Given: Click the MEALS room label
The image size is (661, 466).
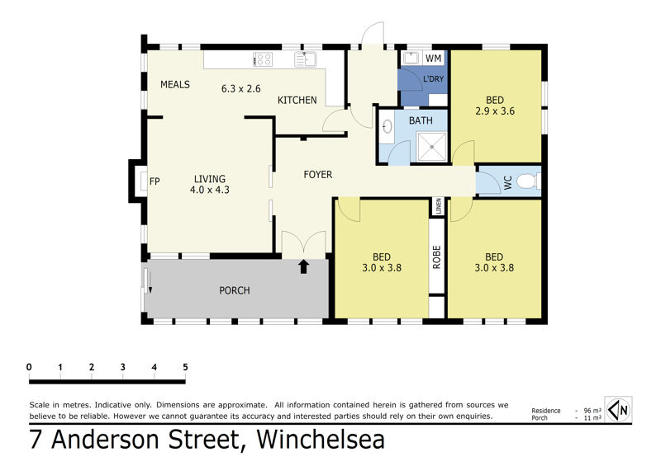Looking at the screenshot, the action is (x=175, y=85).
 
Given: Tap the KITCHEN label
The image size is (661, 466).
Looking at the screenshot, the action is (x=297, y=100).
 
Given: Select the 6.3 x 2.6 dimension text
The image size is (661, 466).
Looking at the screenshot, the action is (x=241, y=89).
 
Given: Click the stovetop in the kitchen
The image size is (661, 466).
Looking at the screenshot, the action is (x=263, y=59).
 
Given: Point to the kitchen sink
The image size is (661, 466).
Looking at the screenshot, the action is (x=306, y=59).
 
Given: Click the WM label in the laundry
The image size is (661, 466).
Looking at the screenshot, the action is (x=433, y=58).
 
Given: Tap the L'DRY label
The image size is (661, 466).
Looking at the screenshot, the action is (x=433, y=78).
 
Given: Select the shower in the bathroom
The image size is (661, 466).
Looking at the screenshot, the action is (x=431, y=147).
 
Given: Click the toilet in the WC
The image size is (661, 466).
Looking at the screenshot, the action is (x=527, y=181).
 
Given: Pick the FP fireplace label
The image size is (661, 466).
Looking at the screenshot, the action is (x=155, y=181).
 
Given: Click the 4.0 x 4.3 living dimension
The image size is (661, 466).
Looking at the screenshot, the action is (x=210, y=190).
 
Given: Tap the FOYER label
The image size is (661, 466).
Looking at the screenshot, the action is (x=318, y=174).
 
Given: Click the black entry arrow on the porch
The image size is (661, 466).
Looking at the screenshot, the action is (x=304, y=267).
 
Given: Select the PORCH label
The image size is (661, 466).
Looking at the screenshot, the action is (x=235, y=290).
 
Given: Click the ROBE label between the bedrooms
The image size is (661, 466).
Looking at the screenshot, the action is (x=437, y=257).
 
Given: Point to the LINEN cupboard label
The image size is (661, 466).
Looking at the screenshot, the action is (x=439, y=206).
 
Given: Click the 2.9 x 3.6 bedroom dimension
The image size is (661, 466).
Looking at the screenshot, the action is (x=495, y=111).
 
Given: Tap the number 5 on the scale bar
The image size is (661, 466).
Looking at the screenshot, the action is (x=185, y=367).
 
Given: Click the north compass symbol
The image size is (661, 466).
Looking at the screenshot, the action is (x=618, y=409).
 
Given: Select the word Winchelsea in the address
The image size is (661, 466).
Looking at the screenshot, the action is (x=321, y=440).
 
